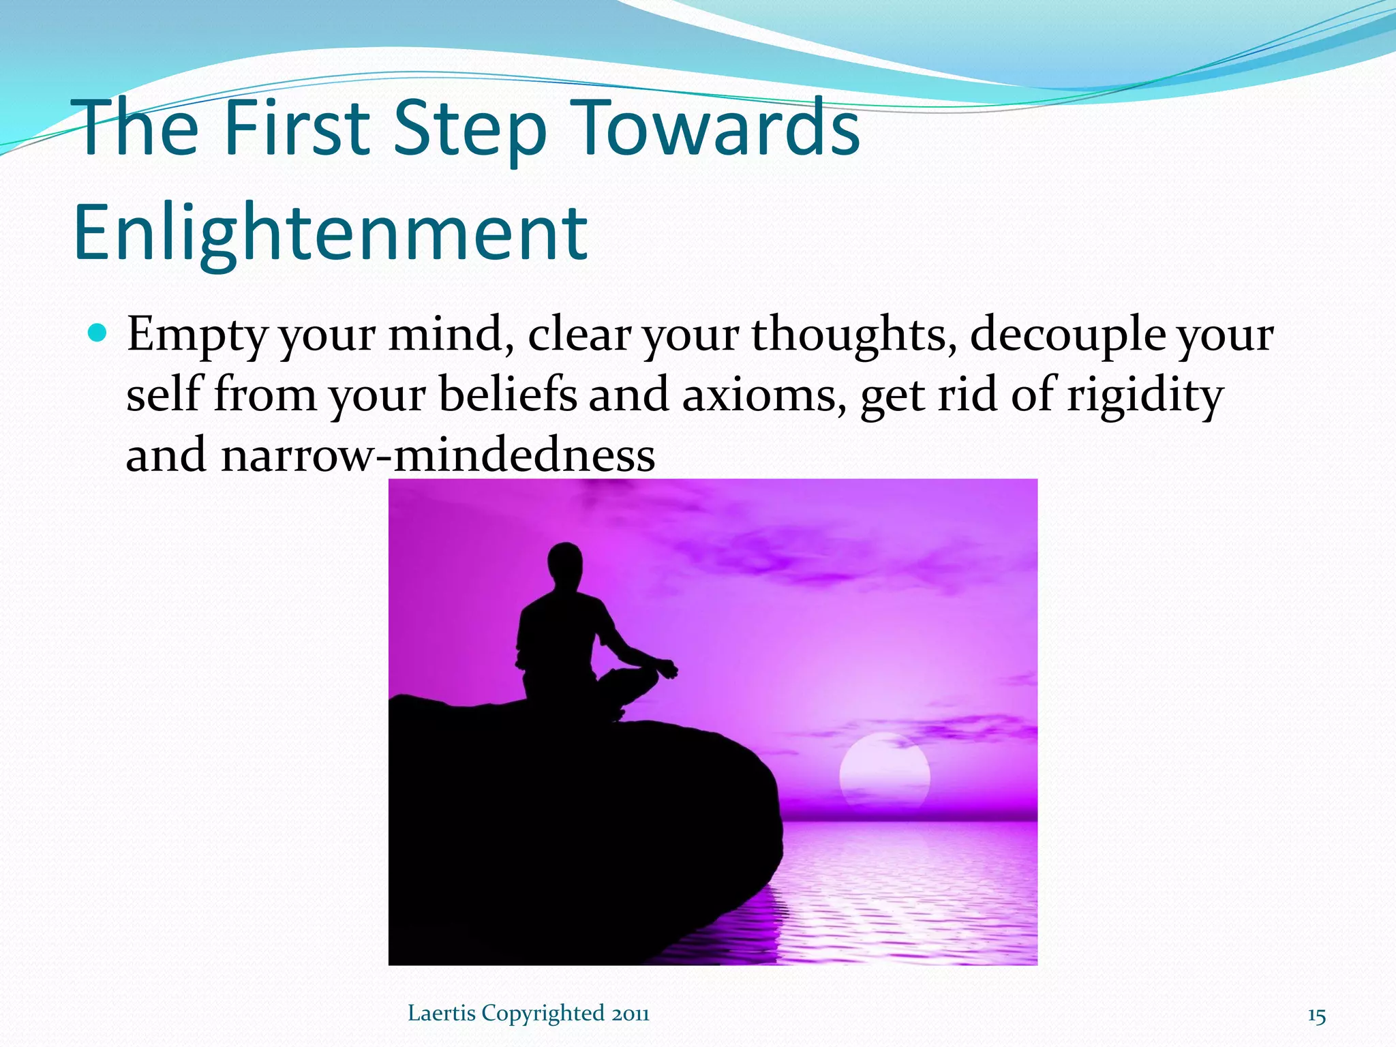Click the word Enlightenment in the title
pyautogui.click(x=330, y=234)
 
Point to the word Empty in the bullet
pyautogui.click(x=198, y=335)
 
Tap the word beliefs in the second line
pyautogui.click(x=507, y=395)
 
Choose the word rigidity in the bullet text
pyautogui.click(x=1144, y=396)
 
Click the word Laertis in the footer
pyautogui.click(x=442, y=1014)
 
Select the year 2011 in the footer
pyautogui.click(x=630, y=1014)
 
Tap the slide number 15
pyautogui.click(x=1316, y=1016)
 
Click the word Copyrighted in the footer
pyautogui.click(x=543, y=1014)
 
